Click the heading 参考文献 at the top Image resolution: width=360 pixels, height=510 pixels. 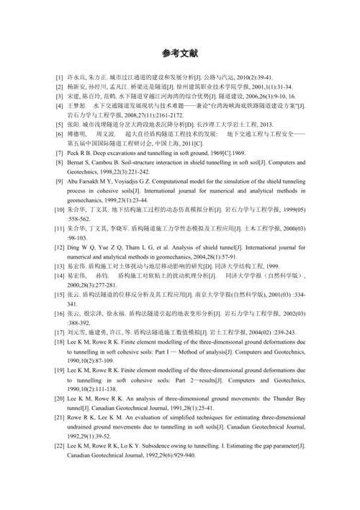tap(179, 53)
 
